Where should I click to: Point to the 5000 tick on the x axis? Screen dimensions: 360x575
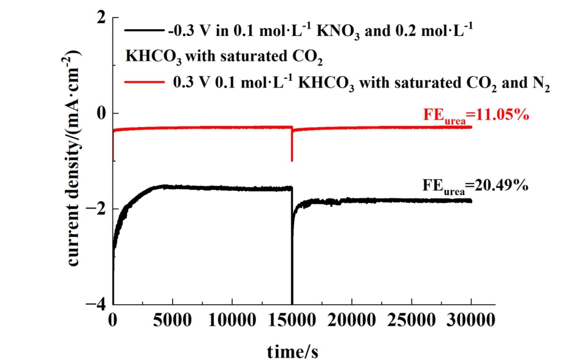[172, 319]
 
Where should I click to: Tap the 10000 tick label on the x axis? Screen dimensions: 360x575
[232, 319]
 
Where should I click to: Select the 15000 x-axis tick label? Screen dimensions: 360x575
[292, 319]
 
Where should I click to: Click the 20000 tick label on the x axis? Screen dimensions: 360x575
[351, 319]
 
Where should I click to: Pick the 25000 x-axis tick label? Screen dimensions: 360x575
[411, 319]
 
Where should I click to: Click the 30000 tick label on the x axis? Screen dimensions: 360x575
[471, 319]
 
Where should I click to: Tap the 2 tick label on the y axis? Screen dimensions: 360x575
[97, 19]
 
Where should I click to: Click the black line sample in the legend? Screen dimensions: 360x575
[144, 30]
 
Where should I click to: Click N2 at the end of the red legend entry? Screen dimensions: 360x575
[542, 84]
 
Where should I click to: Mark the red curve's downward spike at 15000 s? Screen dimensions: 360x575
[292, 159]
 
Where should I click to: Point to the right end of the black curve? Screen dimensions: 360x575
[471, 201]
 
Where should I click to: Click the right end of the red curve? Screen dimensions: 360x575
[471, 126]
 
